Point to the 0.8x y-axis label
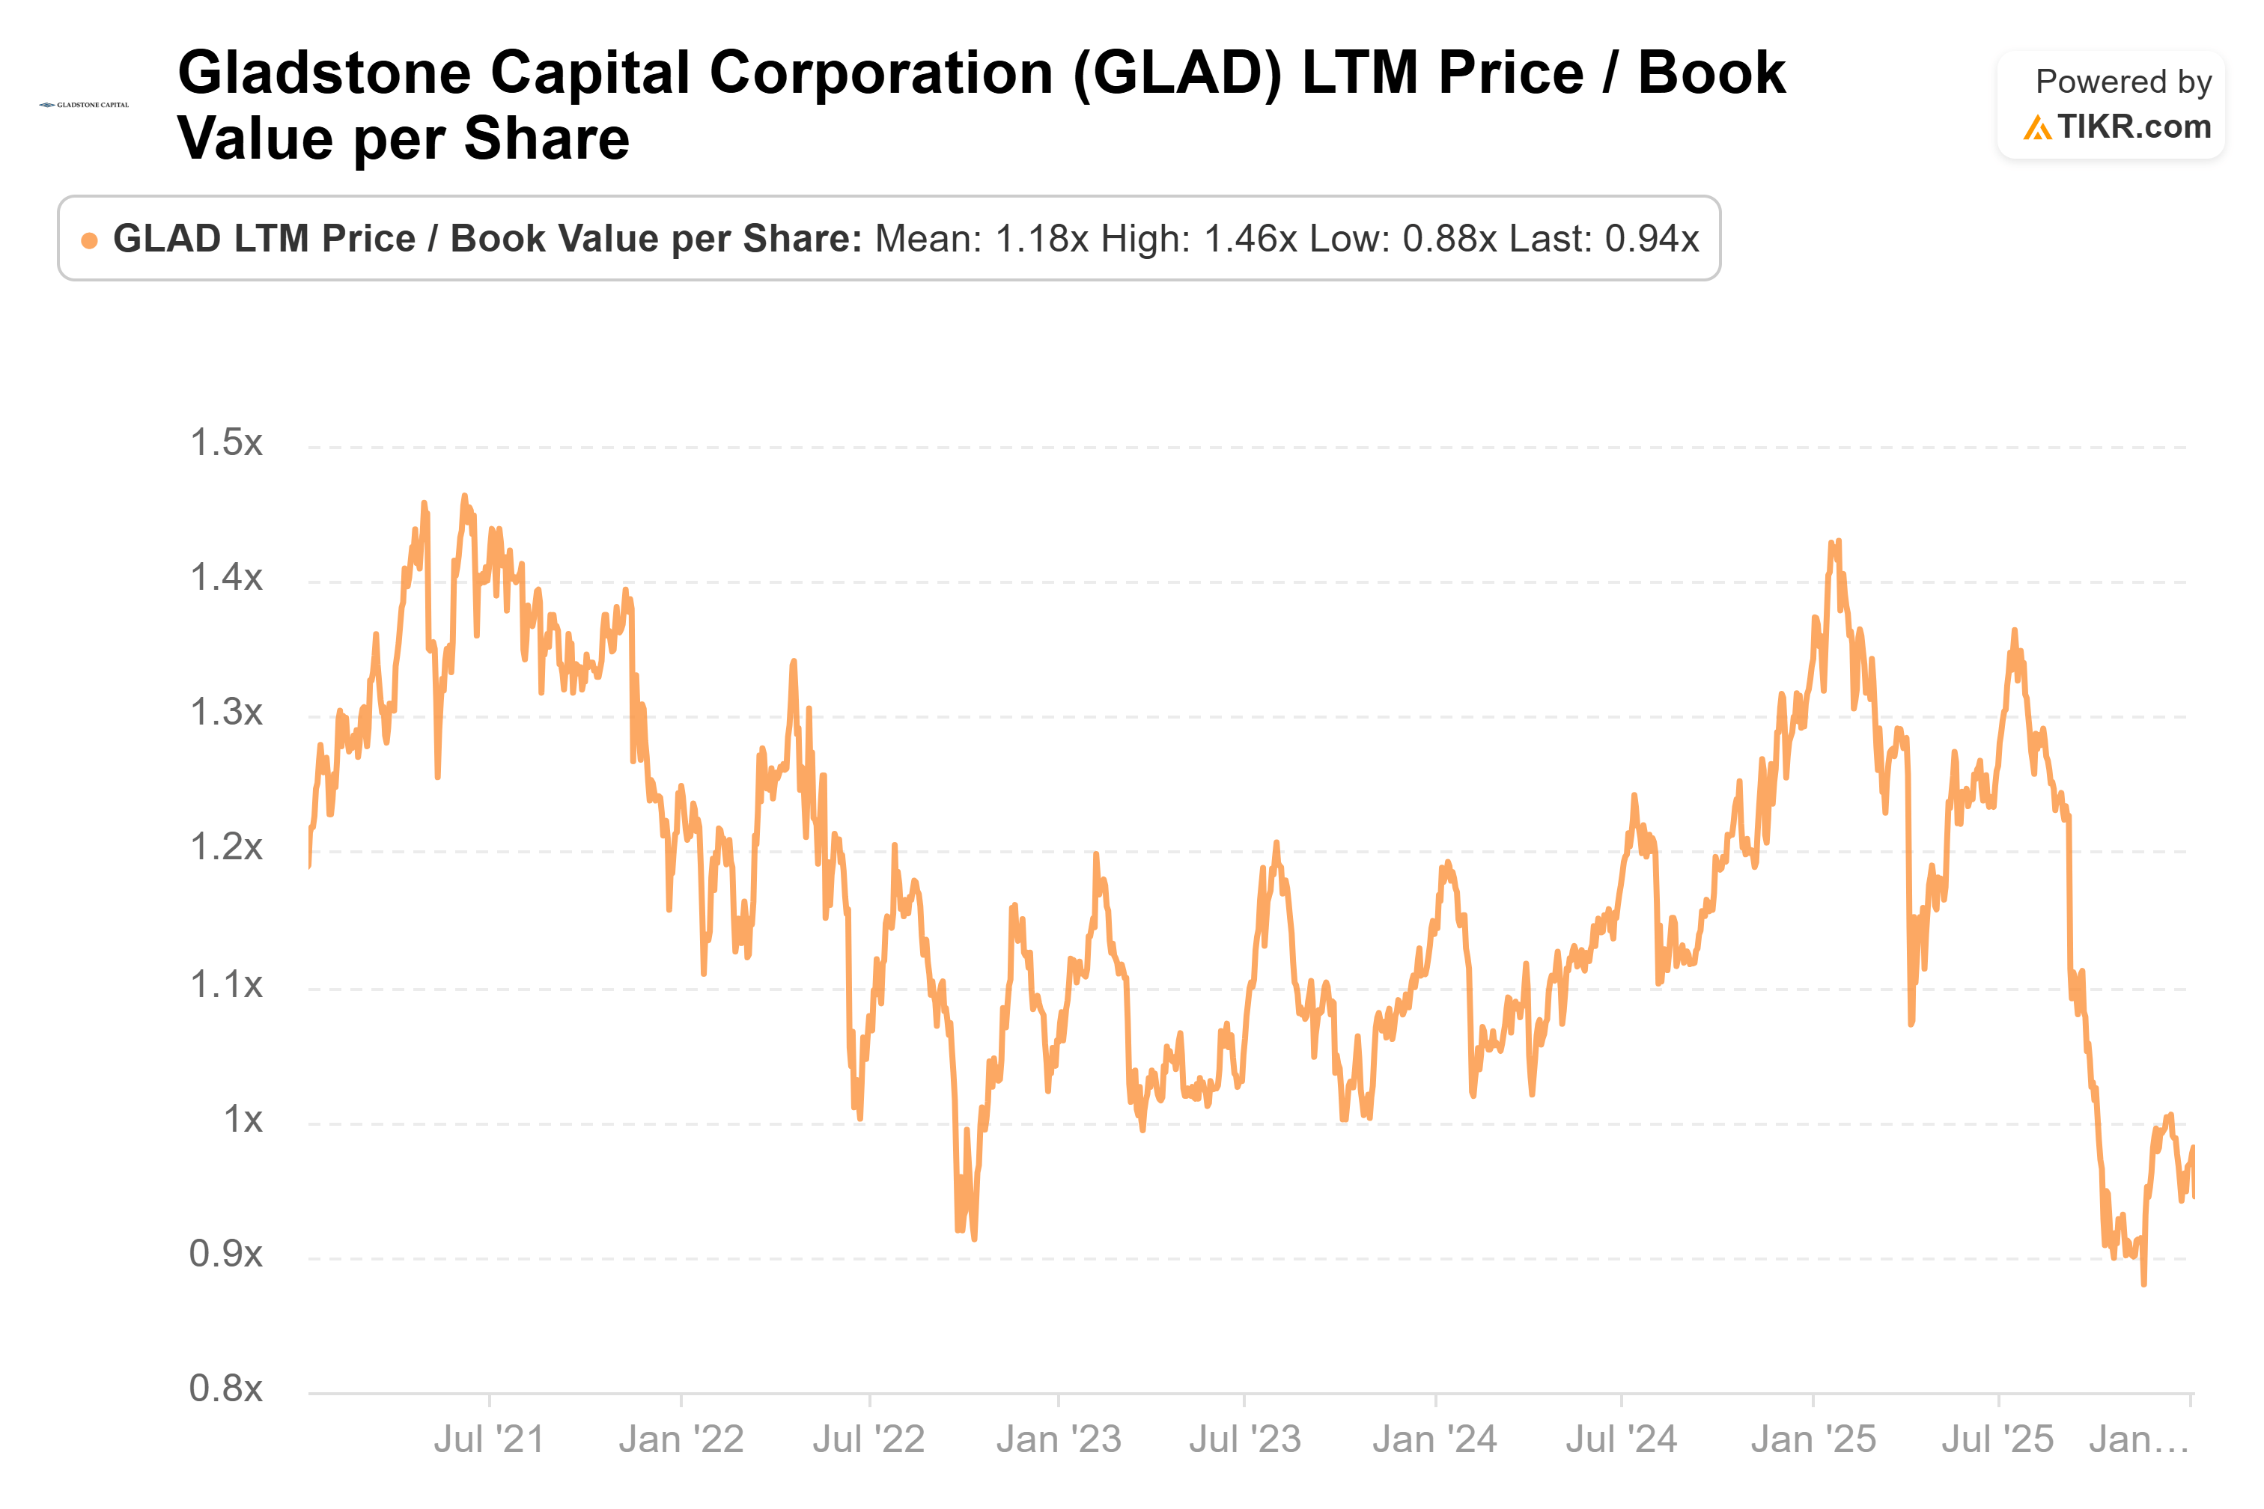point(226,1388)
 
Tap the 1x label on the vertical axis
point(243,1119)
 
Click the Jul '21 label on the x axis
point(489,1439)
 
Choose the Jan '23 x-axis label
point(1059,1439)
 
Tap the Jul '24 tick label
point(1621,1439)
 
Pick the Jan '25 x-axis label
point(1813,1439)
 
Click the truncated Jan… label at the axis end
point(2139,1439)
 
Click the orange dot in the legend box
point(90,240)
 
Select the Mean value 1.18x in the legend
point(1041,239)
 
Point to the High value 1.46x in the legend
point(1250,239)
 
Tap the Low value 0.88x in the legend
point(1449,239)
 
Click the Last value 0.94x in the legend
point(1652,239)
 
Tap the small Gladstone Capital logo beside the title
point(84,104)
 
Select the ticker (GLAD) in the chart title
point(1177,73)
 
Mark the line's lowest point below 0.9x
point(2143,1284)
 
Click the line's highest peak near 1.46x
point(464,496)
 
